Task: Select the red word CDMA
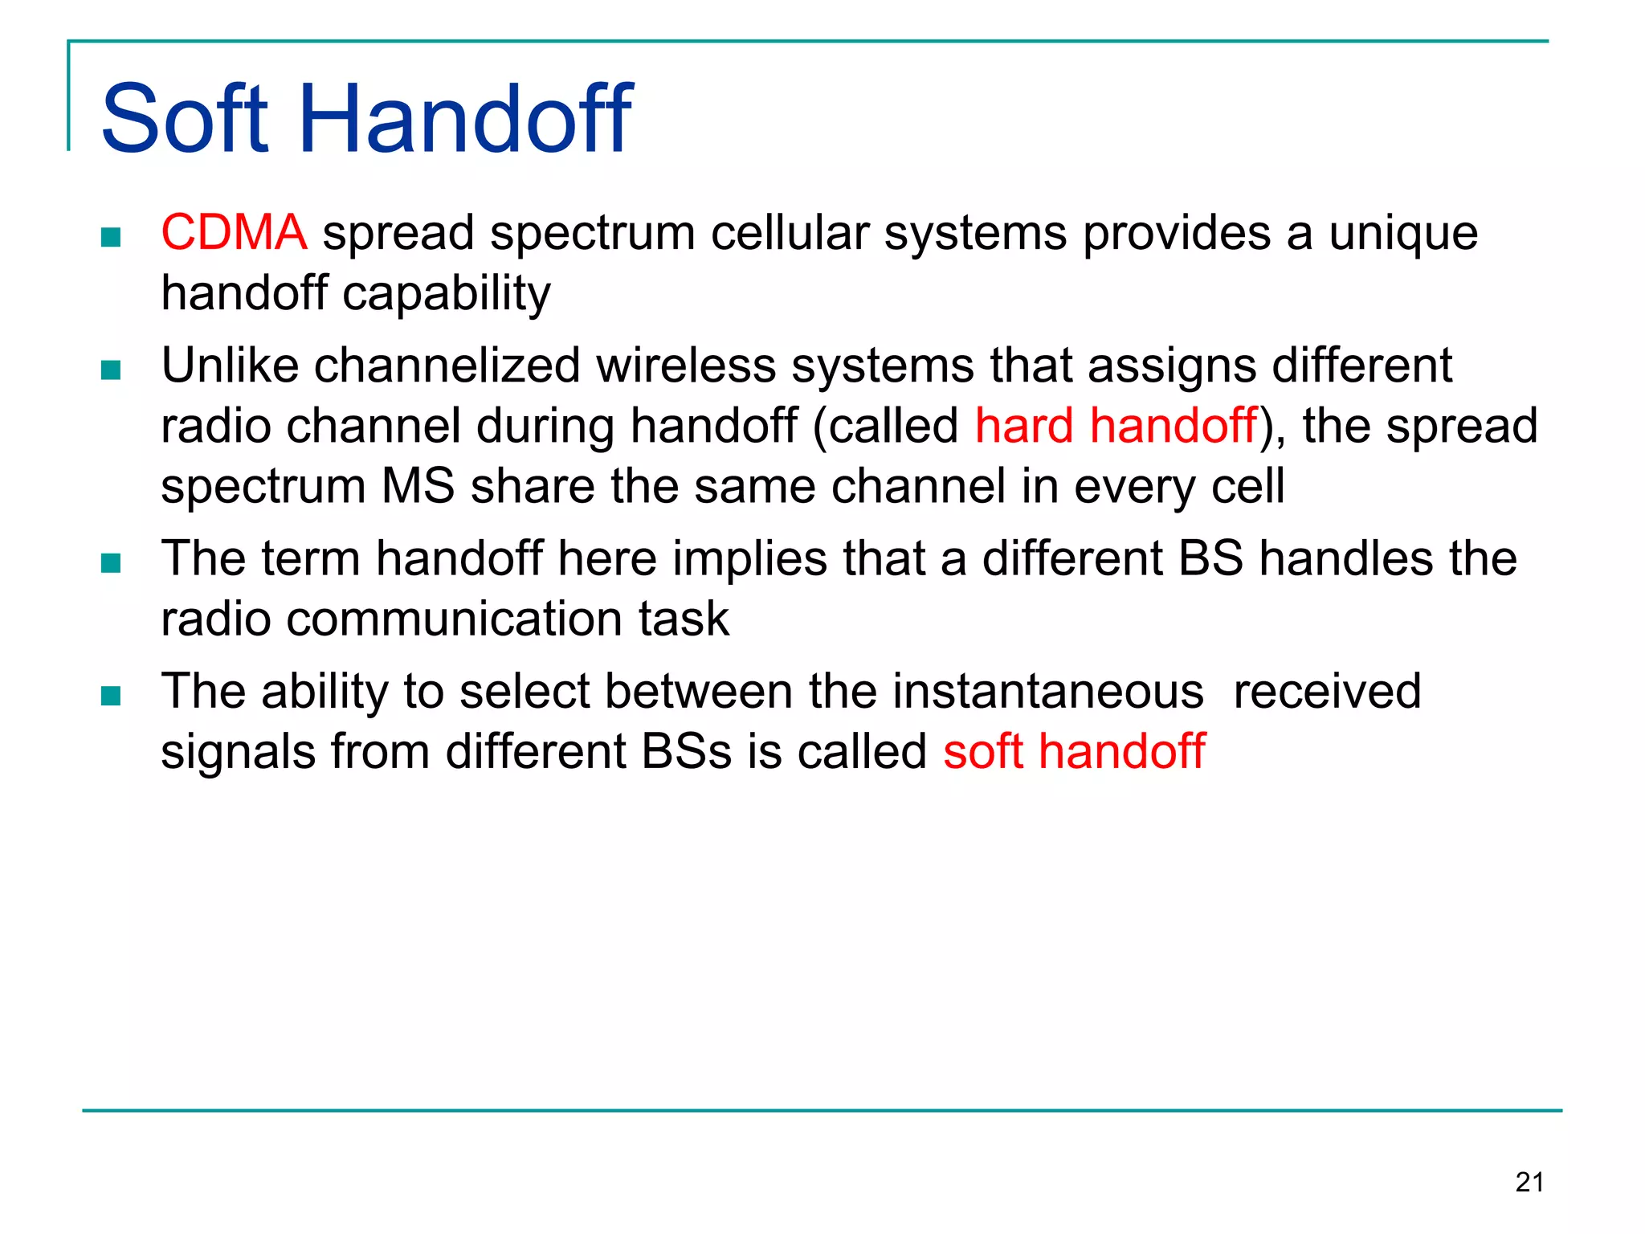(x=234, y=233)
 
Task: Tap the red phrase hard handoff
(x=1116, y=426)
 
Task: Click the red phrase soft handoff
(x=1074, y=752)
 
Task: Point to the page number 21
(x=1529, y=1183)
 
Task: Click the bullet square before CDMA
(x=111, y=238)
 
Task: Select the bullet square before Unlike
(x=111, y=370)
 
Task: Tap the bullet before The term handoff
(x=111, y=563)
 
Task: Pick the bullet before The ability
(x=111, y=696)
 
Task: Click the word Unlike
(x=230, y=366)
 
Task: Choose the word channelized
(x=447, y=366)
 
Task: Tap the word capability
(x=447, y=294)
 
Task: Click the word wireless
(x=685, y=366)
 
